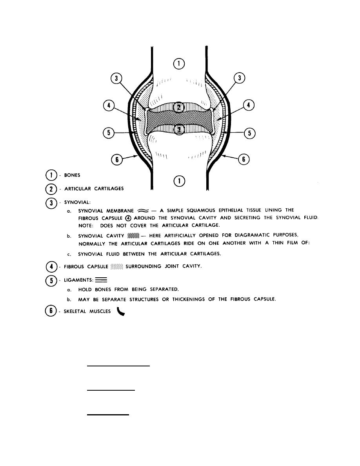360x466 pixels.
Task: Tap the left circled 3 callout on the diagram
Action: (x=116, y=79)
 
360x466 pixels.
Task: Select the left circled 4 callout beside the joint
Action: (x=108, y=106)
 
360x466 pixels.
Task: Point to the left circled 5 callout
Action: (x=108, y=133)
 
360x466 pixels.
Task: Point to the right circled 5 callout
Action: (x=249, y=133)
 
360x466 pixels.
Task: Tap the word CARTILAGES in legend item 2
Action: (x=107, y=189)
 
